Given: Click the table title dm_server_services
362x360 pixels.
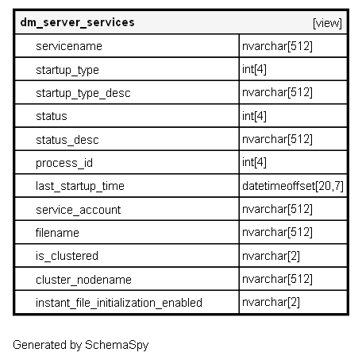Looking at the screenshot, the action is point(77,23).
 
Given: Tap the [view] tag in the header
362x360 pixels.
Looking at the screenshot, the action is point(327,23).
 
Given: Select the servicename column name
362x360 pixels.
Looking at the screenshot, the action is point(69,46).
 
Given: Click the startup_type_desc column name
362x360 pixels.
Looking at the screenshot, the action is point(83,94).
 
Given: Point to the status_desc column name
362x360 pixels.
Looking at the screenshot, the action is point(67,140).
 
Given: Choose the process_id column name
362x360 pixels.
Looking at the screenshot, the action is point(64,163).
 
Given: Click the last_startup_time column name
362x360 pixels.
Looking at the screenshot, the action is point(80,186).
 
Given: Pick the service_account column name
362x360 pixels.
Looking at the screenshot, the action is point(79,210).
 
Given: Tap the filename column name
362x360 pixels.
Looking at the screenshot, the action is point(57,233).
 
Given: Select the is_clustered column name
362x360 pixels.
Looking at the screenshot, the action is point(67,256).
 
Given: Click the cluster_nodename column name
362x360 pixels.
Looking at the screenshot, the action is point(83,280).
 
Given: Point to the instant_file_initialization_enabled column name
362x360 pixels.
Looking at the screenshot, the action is point(119,303).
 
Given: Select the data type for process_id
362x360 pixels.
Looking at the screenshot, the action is point(254,162).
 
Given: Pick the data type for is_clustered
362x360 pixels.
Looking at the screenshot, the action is point(271,256).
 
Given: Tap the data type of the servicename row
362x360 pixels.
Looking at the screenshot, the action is point(277,46).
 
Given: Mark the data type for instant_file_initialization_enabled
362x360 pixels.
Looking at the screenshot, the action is point(271,302).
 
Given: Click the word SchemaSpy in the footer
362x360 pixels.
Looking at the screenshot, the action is point(117,345).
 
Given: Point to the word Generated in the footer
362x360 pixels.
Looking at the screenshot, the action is point(40,345).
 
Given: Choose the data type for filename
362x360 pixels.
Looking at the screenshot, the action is point(277,232).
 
